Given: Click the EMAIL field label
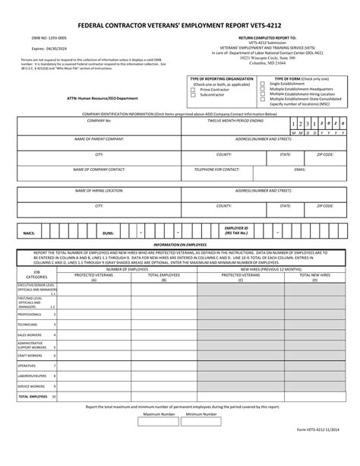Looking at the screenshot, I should [x=300, y=169].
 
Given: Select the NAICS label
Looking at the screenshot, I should [x=30, y=233].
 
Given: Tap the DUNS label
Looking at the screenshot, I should [x=108, y=233].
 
